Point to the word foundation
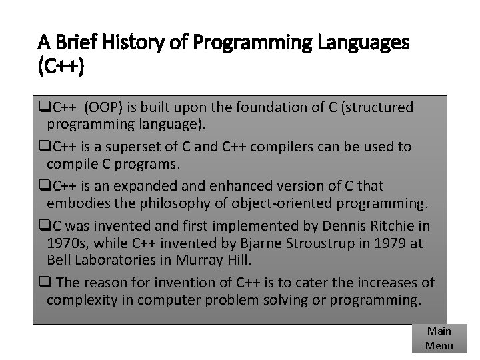click(267, 107)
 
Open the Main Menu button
click(439, 338)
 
